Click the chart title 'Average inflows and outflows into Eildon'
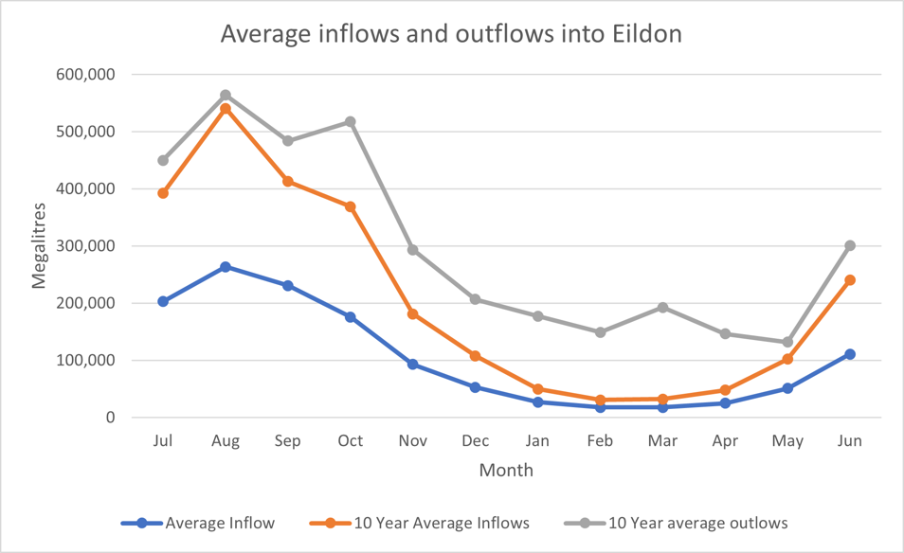pos(451,33)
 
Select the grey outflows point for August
pos(226,95)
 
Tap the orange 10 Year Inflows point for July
pos(163,193)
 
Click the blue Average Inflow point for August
pos(226,267)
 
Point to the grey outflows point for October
pos(351,122)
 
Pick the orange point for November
pos(413,313)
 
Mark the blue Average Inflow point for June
pos(850,354)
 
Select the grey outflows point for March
pos(662,308)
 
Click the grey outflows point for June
pos(850,245)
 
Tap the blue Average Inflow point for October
pos(351,317)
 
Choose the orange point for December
pos(476,356)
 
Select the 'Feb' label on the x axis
pos(600,441)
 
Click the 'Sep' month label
pos(288,441)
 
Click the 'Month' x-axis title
pos(506,471)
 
